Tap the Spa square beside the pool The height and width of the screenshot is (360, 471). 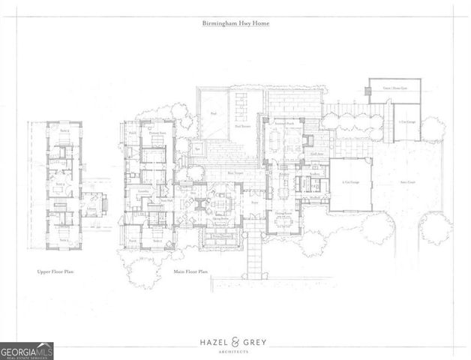[197, 147]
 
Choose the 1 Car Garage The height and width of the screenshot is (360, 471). [406, 121]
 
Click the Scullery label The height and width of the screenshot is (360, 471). [314, 177]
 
